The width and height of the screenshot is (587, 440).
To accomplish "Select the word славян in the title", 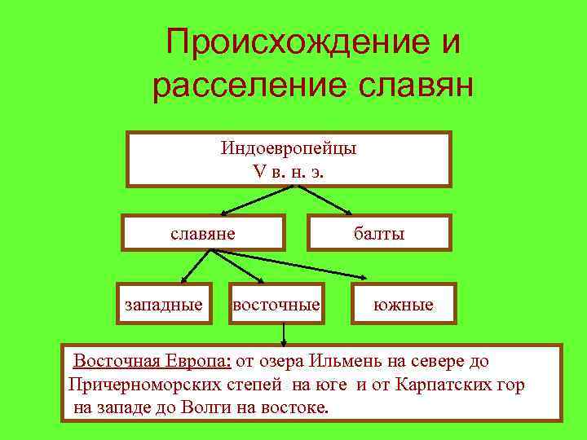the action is point(417,86).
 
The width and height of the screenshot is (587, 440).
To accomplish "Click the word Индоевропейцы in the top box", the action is point(289,149).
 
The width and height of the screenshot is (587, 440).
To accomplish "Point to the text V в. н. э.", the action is point(289,172).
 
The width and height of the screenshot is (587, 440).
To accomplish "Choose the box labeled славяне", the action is point(203,233).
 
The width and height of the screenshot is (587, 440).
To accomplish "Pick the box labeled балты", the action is point(378,233).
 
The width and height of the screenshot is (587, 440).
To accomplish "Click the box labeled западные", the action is point(164,305).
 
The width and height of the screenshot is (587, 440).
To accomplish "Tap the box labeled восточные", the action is point(276,305).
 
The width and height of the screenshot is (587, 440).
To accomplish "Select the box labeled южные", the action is point(404,305).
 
